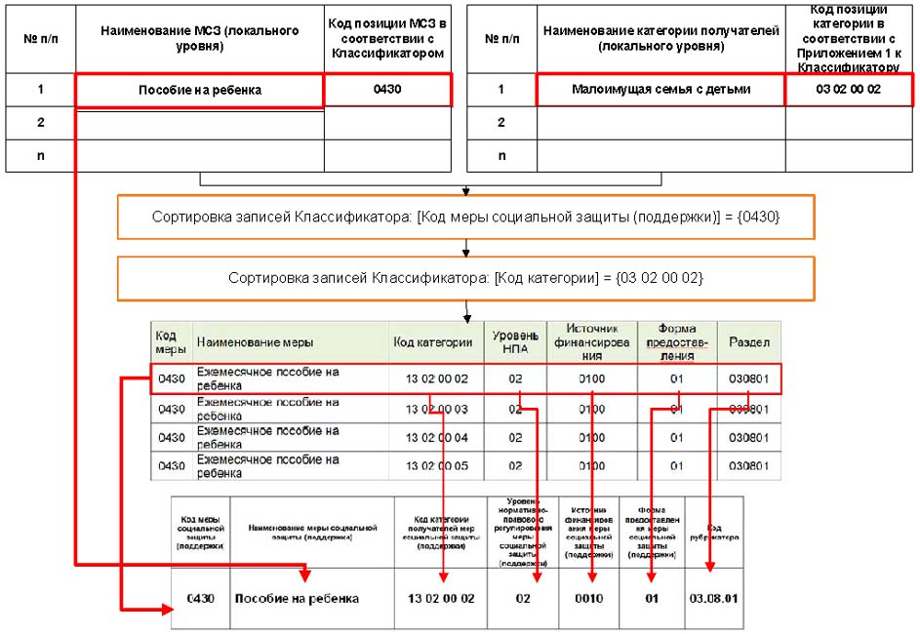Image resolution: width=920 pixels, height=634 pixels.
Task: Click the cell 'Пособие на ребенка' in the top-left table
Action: [x=199, y=91]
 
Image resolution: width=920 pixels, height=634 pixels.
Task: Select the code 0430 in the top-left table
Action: [x=387, y=90]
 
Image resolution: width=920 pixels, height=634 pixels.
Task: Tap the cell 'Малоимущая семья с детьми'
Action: [x=660, y=90]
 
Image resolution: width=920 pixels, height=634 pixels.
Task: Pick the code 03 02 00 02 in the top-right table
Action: [x=848, y=90]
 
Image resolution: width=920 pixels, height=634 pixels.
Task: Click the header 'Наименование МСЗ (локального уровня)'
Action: [x=199, y=38]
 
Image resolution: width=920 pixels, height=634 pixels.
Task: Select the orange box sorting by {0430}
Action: [x=466, y=218]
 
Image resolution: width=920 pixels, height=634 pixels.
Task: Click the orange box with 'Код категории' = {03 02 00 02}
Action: [x=466, y=278]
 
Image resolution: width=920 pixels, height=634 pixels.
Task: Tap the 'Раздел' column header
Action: [x=748, y=342]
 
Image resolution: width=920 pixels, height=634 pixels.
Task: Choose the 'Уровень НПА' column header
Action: [x=515, y=342]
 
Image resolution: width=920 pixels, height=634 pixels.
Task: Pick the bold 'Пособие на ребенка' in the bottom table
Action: [x=296, y=598]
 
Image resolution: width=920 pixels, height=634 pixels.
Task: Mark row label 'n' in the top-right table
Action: [x=501, y=156]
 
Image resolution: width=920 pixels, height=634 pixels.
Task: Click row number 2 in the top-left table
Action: [x=40, y=123]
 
